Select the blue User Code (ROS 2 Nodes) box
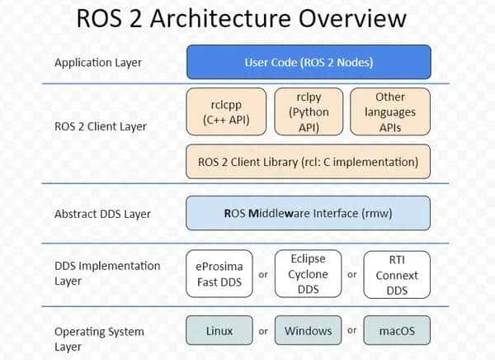309,62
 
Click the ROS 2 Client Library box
309,162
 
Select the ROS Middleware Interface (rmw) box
309,212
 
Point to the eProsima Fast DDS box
219,274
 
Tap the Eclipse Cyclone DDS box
308,274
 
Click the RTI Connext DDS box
397,274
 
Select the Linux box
219,331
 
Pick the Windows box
308,331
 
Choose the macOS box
397,331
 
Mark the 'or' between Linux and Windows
263,331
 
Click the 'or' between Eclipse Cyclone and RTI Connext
351,274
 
